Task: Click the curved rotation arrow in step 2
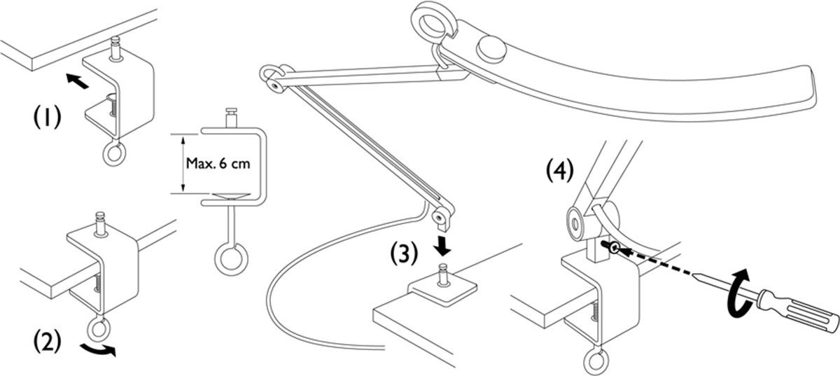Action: (93, 350)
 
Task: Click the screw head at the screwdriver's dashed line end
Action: (612, 247)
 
